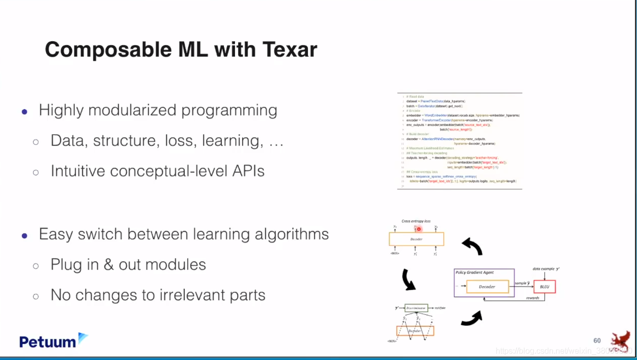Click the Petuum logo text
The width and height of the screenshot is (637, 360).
pyautogui.click(x=48, y=342)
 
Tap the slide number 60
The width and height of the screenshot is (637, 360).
pyautogui.click(x=597, y=340)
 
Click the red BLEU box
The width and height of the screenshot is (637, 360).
pyautogui.click(x=544, y=287)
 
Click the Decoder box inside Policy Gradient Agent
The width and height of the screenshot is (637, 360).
pyautogui.click(x=487, y=287)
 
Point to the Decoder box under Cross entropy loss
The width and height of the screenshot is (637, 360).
pyautogui.click(x=416, y=239)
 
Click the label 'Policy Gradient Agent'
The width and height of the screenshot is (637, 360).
pyautogui.click(x=474, y=273)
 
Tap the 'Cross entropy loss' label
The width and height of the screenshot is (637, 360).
pyautogui.click(x=416, y=221)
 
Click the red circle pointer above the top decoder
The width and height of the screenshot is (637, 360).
pyautogui.click(x=418, y=229)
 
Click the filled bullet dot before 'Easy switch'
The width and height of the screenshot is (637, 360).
pyautogui.click(x=24, y=235)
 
